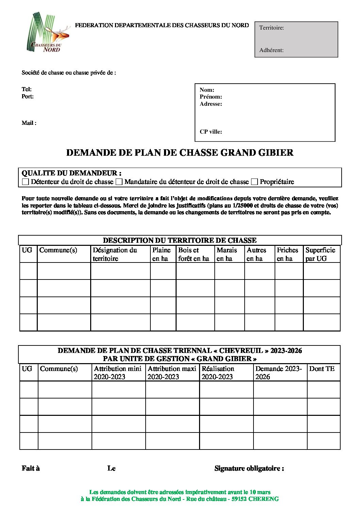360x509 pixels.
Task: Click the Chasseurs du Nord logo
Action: (48, 33)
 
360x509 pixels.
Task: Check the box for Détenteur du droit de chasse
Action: (26, 182)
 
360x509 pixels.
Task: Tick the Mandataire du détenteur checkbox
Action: (119, 182)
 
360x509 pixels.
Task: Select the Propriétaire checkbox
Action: (254, 182)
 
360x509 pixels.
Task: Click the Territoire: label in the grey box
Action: (272, 28)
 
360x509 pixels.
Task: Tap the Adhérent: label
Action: (271, 50)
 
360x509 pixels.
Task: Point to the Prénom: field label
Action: (211, 97)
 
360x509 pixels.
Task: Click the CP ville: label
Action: (211, 132)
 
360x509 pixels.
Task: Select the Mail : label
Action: (29, 123)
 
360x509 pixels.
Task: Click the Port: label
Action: (28, 97)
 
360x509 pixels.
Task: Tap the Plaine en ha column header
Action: (161, 254)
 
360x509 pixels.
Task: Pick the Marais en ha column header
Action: (227, 254)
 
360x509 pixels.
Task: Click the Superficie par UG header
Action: (320, 254)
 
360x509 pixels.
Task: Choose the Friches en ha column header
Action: (287, 254)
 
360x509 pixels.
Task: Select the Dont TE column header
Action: (322, 369)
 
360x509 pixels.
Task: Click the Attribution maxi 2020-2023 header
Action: (172, 373)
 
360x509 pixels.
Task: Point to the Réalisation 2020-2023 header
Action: (218, 373)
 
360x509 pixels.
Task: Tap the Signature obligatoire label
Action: (249, 469)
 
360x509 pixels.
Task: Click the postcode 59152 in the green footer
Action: (239, 499)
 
